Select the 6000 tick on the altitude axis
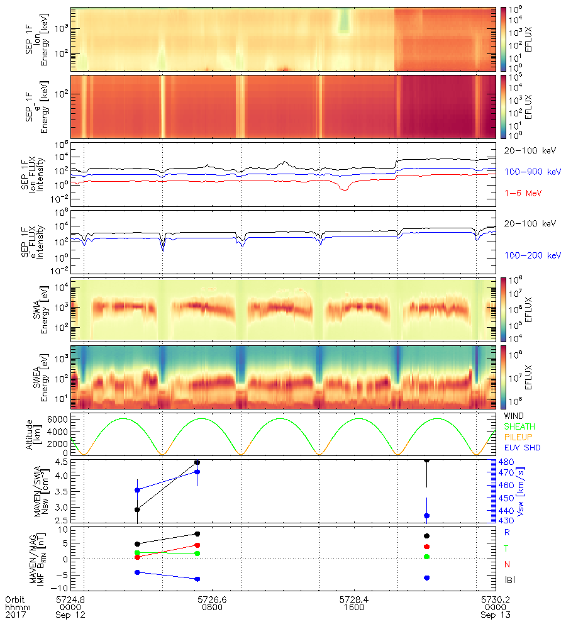point(56,419)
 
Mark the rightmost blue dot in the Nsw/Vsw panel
point(427,516)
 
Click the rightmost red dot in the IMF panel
point(427,547)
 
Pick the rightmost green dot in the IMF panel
point(427,557)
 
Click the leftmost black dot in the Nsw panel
point(138,509)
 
